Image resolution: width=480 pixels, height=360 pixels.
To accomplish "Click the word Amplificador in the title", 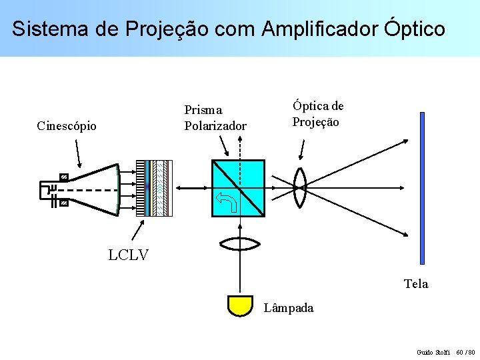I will [320, 29].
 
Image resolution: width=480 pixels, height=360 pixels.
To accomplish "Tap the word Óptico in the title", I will [415, 29].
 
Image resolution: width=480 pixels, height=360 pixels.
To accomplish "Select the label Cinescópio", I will [67, 126].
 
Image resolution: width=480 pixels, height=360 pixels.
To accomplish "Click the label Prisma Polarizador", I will [215, 118].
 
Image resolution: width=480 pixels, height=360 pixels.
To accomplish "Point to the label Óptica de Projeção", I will [317, 114].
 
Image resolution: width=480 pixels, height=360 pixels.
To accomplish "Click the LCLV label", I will [128, 255].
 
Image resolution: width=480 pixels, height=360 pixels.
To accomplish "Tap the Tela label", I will [416, 284].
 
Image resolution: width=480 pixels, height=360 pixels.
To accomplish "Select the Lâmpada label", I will [289, 308].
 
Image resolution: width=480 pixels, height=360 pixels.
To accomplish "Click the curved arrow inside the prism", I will [227, 200].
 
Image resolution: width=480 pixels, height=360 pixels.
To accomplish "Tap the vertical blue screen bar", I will [422, 188].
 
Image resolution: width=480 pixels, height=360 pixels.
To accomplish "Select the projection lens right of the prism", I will [299, 188].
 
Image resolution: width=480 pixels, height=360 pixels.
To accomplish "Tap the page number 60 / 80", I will [466, 351].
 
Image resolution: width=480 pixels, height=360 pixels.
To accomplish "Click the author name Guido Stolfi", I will [433, 351].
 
